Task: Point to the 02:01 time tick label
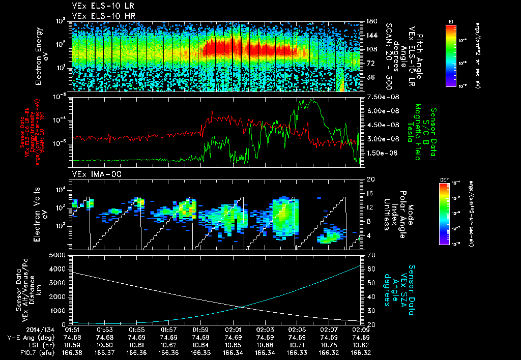point(233,329)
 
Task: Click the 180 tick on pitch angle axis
point(370,21)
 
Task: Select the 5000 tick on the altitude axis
point(58,255)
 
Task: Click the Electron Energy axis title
point(41,57)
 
